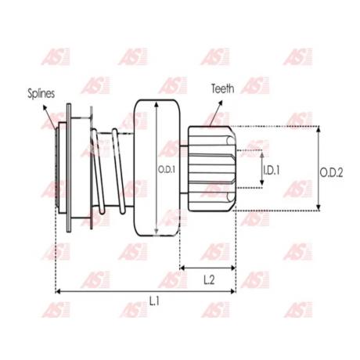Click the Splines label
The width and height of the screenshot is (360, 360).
click(x=41, y=93)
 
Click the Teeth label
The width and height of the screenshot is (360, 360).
click(x=222, y=88)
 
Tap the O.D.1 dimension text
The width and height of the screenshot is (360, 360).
click(x=166, y=170)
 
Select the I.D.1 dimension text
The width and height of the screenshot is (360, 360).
click(x=272, y=171)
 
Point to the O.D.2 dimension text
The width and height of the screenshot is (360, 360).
click(x=331, y=172)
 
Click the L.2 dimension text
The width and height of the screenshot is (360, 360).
click(x=209, y=280)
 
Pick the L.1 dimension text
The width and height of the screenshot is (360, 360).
click(x=154, y=301)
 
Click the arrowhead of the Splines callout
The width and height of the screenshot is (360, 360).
click(x=45, y=107)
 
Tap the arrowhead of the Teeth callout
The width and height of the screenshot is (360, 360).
click(x=221, y=103)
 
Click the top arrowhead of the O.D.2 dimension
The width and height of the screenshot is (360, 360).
click(x=319, y=128)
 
